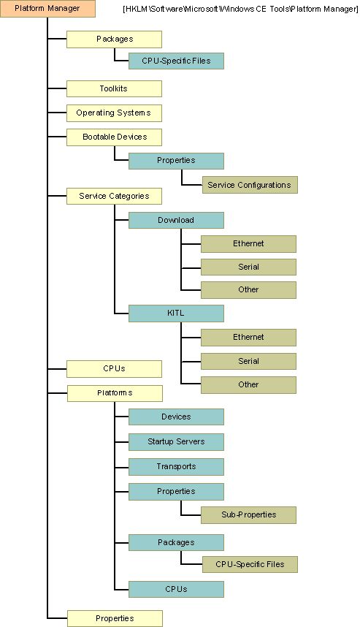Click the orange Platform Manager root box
[x=47, y=9]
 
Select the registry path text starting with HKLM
[x=240, y=9]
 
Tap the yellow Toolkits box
[x=113, y=89]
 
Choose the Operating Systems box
[x=113, y=113]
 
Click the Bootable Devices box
[x=114, y=137]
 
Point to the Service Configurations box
[x=249, y=185]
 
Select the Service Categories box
[x=114, y=196]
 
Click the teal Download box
[x=176, y=220]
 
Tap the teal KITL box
[x=176, y=313]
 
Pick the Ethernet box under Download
[x=248, y=243]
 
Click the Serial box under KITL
[x=248, y=361]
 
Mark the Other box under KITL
[x=248, y=384]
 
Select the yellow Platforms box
[x=115, y=393]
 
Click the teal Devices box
[x=176, y=417]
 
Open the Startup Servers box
[x=176, y=441]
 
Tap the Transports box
[x=176, y=466]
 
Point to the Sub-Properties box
[x=248, y=514]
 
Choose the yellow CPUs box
[x=114, y=368]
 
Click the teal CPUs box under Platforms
[x=176, y=589]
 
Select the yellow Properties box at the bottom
[x=115, y=618]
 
